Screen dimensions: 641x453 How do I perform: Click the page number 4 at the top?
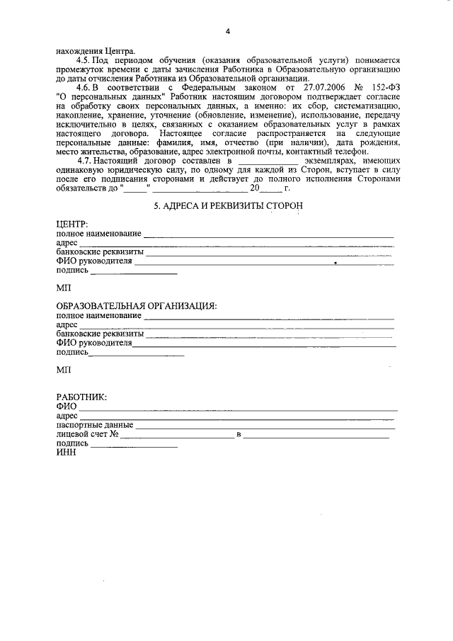pyautogui.click(x=228, y=31)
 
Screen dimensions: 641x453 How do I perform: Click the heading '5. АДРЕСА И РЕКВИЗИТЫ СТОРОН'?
pyautogui.click(x=228, y=205)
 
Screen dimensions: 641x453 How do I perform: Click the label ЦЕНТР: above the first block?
pyautogui.click(x=71, y=225)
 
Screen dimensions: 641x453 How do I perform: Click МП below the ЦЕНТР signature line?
pyautogui.click(x=64, y=289)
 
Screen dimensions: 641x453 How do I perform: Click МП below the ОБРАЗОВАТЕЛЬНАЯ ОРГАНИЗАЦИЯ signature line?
pyautogui.click(x=64, y=370)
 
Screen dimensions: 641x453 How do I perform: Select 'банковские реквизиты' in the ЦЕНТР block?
pyautogui.click(x=100, y=251)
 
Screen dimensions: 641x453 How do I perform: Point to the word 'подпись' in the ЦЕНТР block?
pyautogui.click(x=71, y=270)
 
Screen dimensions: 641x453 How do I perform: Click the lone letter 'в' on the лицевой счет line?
pyautogui.click(x=239, y=434)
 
